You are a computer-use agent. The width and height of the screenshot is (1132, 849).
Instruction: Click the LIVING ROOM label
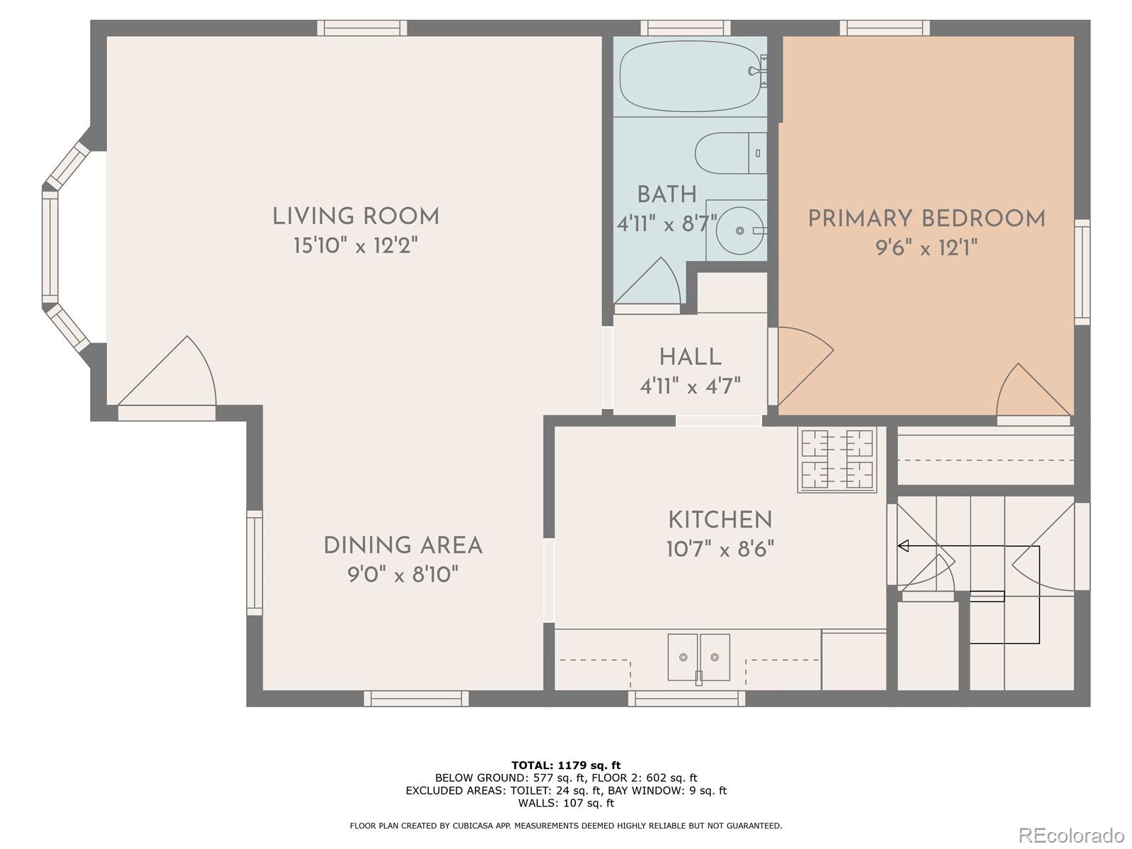coord(356,216)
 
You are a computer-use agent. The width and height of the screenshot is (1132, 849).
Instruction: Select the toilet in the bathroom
coord(729,153)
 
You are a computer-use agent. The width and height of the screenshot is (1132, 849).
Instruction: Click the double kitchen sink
coord(698,657)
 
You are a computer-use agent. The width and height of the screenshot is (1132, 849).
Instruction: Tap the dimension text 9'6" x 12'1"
coord(926,248)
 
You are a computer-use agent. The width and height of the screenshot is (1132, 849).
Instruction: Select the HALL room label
coord(690,357)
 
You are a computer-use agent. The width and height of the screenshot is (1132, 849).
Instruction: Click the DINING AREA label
coord(403,545)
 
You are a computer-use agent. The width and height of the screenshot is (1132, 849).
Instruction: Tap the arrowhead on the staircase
coord(903,545)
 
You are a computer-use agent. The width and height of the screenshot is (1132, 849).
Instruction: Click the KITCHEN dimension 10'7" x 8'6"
coord(720,549)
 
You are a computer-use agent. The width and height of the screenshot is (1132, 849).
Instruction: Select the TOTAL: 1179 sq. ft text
coord(566,765)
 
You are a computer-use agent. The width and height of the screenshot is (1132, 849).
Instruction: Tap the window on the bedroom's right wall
coord(1082,272)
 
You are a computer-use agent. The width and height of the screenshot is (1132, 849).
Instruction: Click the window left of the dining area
coord(255,562)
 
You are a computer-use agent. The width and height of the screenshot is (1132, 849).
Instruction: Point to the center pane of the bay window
coord(50,247)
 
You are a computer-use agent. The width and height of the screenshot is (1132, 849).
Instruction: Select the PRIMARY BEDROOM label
coord(926,219)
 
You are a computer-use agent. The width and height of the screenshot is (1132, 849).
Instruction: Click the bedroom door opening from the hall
coord(803,364)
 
